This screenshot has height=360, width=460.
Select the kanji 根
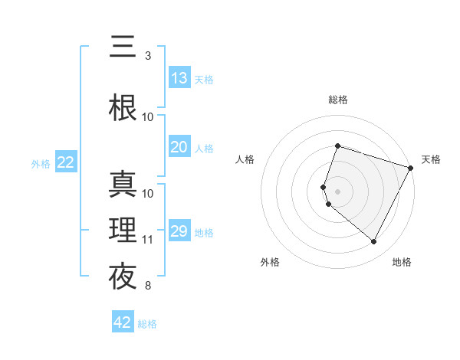(x=123, y=108)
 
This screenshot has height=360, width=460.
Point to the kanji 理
(x=123, y=229)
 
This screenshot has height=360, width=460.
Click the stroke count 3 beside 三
(x=148, y=56)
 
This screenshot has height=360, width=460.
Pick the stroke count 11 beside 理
(x=148, y=239)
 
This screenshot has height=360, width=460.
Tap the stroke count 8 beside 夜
(x=148, y=286)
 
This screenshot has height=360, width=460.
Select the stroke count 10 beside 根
(x=148, y=117)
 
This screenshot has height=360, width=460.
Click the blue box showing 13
(x=179, y=78)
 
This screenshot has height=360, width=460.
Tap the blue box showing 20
(x=179, y=147)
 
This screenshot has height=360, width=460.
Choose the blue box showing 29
(x=179, y=231)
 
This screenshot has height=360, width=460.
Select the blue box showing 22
(x=66, y=162)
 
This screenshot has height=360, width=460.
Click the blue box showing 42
(x=123, y=322)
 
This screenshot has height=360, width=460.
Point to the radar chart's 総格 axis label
(x=338, y=100)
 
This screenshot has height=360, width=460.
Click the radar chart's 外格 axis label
(x=270, y=263)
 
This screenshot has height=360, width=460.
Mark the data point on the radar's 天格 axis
(x=411, y=168)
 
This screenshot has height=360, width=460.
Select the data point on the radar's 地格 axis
(x=374, y=242)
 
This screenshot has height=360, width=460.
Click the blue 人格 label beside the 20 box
(x=204, y=148)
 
